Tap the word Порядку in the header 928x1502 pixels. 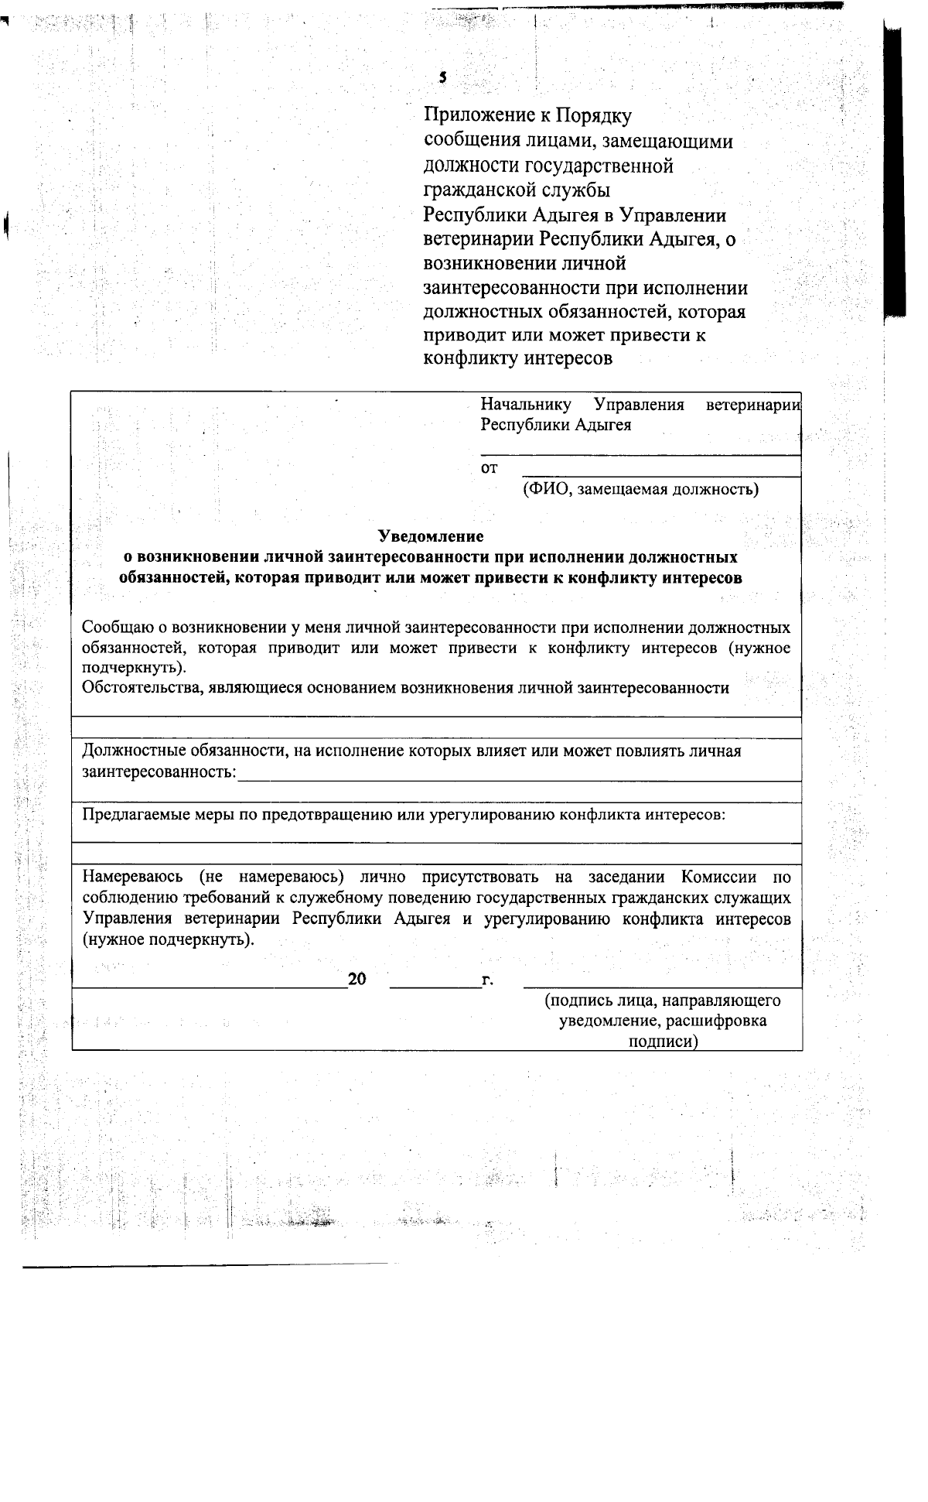[594, 117]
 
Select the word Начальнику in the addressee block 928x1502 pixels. [526, 405]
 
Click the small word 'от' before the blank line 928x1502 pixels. [489, 468]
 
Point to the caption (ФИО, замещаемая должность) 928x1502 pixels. [640, 489]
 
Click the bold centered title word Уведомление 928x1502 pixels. [430, 535]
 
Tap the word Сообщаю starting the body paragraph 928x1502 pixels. [118, 627]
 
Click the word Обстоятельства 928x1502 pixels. [140, 688]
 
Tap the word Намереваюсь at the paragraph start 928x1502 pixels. [132, 877]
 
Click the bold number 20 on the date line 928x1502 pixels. [357, 980]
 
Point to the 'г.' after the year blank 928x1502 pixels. [487, 981]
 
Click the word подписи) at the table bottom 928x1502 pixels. [663, 1042]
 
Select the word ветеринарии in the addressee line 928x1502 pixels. [753, 405]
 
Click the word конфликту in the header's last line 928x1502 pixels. [471, 358]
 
